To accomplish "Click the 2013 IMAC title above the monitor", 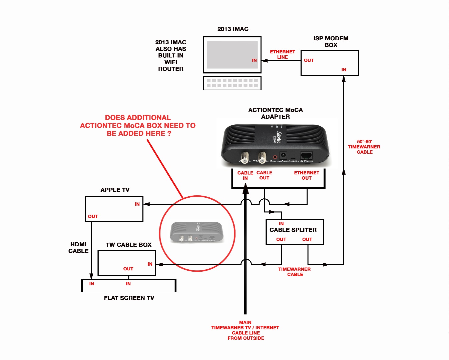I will coord(233,29).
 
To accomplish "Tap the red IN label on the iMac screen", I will coord(254,60).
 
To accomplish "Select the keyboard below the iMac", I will coord(232,83).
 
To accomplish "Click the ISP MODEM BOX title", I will coord(331,42).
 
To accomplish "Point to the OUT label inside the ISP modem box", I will coord(309,60).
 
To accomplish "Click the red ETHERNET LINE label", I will coord(282,54).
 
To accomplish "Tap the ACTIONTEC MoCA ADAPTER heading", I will coord(276,113).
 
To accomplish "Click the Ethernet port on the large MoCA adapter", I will coord(306,155).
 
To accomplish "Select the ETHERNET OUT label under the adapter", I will coord(307,175).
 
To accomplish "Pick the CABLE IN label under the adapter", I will coord(245,175).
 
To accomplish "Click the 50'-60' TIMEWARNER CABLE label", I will coord(364,147).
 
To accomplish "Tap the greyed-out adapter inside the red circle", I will coord(197,232).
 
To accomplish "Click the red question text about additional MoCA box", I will coord(138,125).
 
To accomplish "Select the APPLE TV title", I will coord(115,190).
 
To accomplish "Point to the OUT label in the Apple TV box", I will coord(93,216).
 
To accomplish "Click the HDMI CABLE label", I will coord(78,248).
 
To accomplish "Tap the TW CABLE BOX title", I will coord(128,245).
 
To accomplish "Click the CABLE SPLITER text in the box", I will coord(293,230).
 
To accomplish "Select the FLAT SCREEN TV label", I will coord(129,298).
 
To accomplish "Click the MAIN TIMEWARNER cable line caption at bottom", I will coord(246,330).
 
